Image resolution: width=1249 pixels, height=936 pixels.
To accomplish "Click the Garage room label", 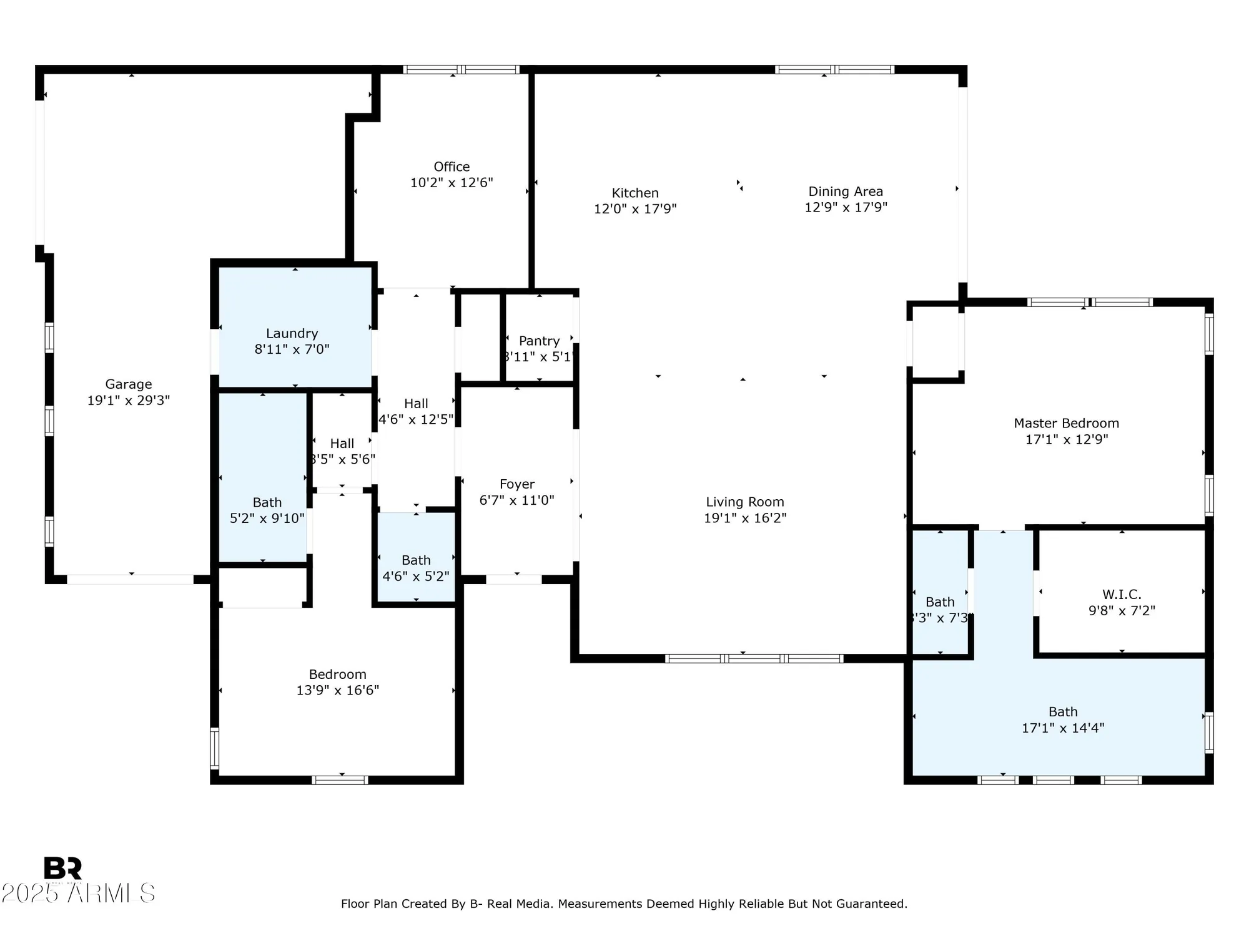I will [x=128, y=384].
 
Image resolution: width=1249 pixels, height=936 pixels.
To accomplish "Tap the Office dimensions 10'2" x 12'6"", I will [x=452, y=183].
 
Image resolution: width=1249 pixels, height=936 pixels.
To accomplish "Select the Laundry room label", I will [x=292, y=333].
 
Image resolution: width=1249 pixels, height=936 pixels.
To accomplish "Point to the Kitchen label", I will [x=635, y=193].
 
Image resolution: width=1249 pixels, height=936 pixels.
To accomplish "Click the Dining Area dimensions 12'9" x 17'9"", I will [x=846, y=207].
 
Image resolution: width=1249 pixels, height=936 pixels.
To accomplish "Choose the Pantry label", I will [x=539, y=341].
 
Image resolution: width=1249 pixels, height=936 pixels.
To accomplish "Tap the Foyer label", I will [x=516, y=484].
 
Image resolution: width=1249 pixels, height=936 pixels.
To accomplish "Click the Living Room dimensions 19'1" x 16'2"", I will [x=744, y=518].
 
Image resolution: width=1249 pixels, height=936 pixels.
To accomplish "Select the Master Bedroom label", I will [x=1066, y=423].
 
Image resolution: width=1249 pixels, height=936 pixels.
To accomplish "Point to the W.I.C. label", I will [x=1122, y=595].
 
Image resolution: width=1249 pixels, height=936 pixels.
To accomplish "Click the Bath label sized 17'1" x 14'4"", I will [x=1063, y=712].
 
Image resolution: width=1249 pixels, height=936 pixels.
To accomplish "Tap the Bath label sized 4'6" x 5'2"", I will [x=416, y=560].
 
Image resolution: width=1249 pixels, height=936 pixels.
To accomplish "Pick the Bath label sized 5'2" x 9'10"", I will [x=267, y=502].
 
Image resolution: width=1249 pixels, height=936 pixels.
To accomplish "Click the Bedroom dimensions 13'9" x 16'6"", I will [x=337, y=690].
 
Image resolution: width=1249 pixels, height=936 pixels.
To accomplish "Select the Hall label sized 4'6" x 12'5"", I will [x=416, y=404].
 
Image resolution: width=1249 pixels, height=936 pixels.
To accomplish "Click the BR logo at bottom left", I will [x=62, y=868].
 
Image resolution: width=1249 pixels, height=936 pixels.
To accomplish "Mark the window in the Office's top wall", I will [x=461, y=69].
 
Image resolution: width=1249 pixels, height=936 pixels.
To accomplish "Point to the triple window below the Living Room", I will [x=754, y=658].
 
